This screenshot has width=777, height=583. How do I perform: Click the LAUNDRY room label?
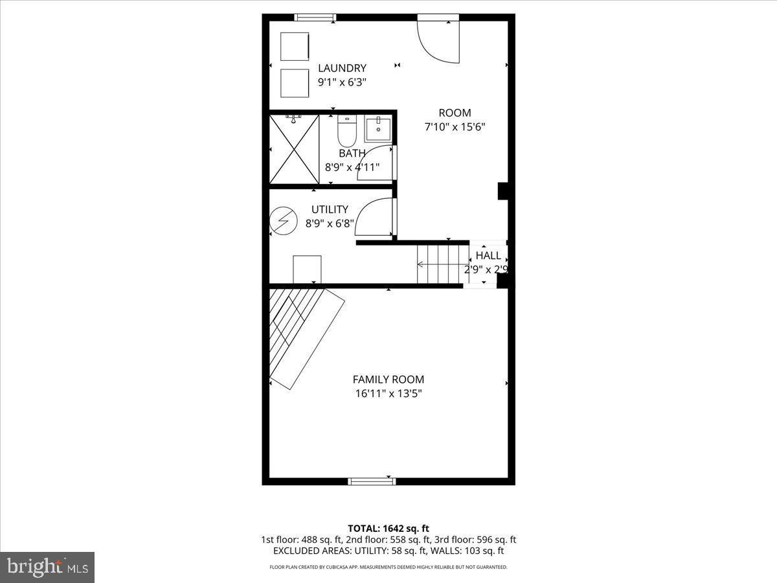[x=342, y=68]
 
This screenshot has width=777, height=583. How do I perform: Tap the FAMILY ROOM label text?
[x=388, y=380]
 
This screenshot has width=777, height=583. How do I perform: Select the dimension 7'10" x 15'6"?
[x=455, y=128]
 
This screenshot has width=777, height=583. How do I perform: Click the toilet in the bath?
[x=347, y=131]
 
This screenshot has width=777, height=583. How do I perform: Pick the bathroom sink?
[x=377, y=130]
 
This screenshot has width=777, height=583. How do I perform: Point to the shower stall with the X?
[x=293, y=148]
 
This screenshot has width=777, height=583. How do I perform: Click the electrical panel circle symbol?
[x=282, y=221]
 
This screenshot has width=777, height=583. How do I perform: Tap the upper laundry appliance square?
[x=295, y=46]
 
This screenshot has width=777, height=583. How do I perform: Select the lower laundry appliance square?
[x=295, y=82]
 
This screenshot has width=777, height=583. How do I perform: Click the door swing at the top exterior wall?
[x=438, y=40]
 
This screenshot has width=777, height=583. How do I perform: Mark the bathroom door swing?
[x=376, y=163]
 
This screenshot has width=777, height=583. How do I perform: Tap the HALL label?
[x=488, y=256]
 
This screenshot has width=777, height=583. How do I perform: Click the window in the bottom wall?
[x=372, y=481]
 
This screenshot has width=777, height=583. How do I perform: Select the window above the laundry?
[x=315, y=17]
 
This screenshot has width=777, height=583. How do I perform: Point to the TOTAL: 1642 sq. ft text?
[x=388, y=529]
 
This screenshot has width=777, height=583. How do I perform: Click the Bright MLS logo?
[x=47, y=567]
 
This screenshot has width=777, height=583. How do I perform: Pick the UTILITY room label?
[x=330, y=210]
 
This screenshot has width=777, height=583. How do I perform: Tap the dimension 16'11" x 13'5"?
[x=388, y=393]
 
